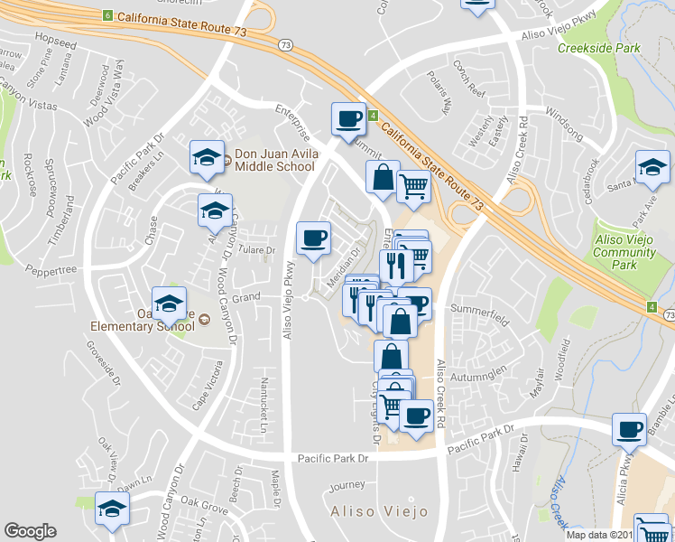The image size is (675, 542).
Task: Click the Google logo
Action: click(x=30, y=531)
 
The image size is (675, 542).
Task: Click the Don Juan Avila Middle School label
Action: click(x=275, y=160)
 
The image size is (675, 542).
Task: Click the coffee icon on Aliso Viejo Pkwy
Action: click(x=313, y=238)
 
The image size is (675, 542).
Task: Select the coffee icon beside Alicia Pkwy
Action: click(x=629, y=429)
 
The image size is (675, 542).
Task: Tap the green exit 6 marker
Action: click(x=107, y=16)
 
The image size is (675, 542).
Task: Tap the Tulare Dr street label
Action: click(x=257, y=250)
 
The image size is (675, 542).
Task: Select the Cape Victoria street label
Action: click(x=206, y=385)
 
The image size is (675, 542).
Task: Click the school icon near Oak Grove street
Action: click(x=113, y=509)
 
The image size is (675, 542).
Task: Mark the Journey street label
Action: click(x=347, y=486)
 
